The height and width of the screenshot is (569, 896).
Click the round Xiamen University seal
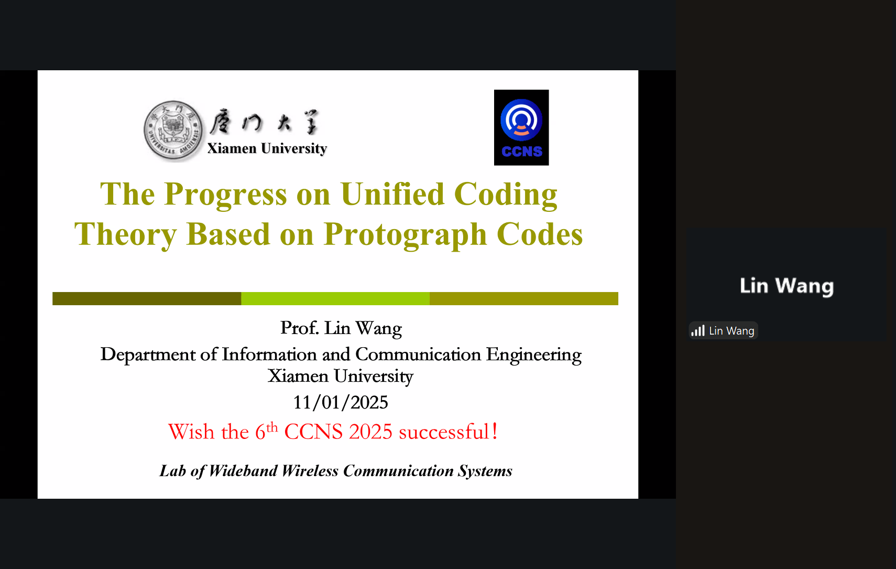173,131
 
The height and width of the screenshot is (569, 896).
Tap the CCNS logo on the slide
521,127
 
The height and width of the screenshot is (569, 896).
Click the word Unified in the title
392,194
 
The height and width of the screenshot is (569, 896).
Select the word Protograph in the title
405,235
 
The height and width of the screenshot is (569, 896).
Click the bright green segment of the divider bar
335,299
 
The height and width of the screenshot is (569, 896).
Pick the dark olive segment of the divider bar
147,299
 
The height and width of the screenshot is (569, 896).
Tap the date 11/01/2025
341,402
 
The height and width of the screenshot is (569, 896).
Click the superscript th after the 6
272,427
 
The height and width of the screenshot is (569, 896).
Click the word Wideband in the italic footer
243,471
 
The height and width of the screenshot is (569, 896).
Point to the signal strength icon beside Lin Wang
698,331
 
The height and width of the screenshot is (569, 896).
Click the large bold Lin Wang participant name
787,286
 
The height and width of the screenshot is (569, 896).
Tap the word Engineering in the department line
533,355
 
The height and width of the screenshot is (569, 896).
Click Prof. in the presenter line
299,328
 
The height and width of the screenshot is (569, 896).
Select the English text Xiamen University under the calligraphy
267,148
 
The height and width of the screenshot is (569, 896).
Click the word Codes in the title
540,234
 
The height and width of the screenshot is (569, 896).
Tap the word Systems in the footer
485,471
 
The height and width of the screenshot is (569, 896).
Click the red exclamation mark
495,431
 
